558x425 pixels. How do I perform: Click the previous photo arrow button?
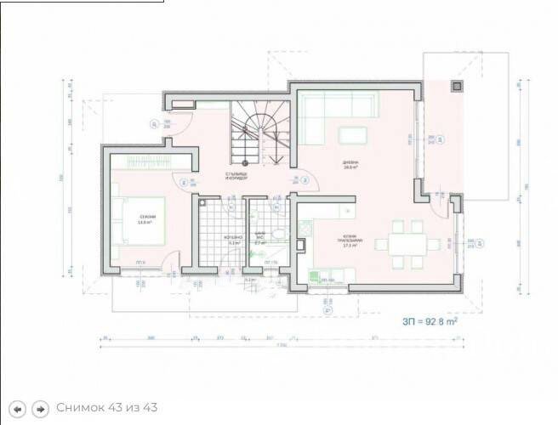[18, 408]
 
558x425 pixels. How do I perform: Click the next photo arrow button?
[39, 408]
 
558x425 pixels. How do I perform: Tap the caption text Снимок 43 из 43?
[107, 408]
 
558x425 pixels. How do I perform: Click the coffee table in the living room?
[351, 136]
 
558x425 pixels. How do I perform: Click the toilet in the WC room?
[276, 207]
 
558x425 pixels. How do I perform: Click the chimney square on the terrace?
[456, 85]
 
